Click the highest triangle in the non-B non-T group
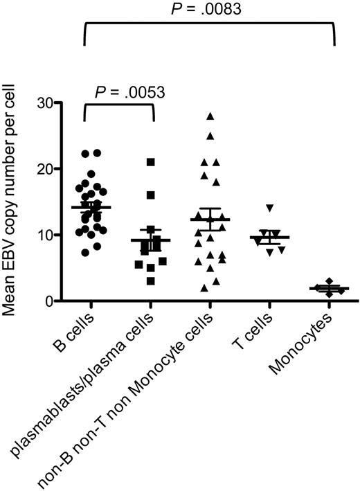point(210,116)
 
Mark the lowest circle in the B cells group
point(85,253)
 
